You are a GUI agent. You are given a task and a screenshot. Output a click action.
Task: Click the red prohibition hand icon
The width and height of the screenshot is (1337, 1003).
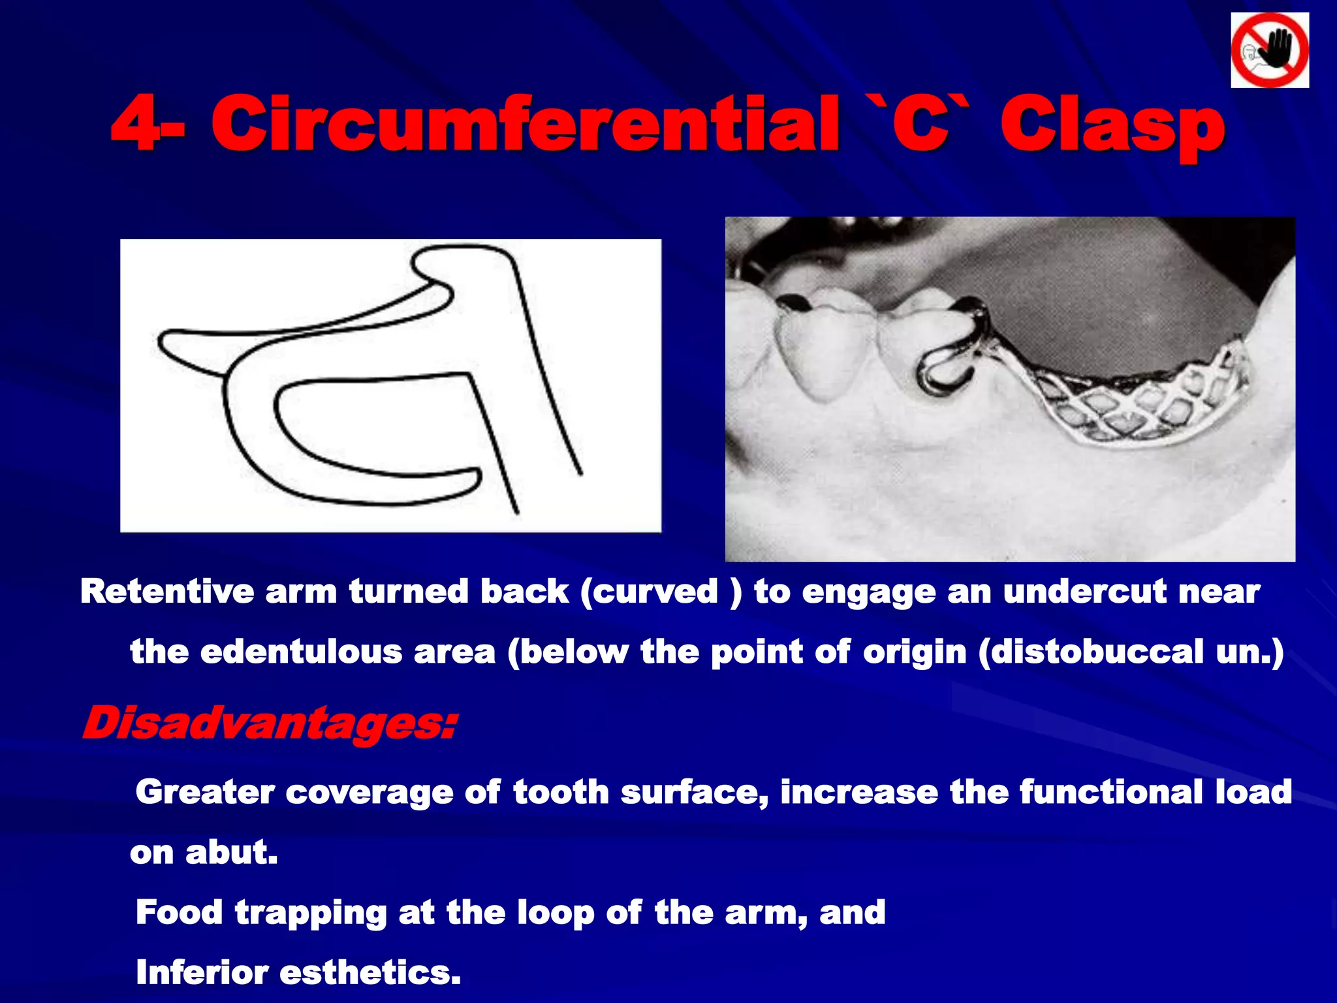[x=1270, y=50]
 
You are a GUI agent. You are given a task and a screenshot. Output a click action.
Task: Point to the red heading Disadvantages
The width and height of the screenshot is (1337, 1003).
[x=269, y=724]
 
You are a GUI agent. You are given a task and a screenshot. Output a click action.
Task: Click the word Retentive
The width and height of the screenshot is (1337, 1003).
[x=166, y=592]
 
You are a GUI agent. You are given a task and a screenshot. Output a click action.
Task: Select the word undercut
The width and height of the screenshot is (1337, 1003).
[x=1084, y=592]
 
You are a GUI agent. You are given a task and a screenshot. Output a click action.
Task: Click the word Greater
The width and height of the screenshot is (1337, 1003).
[x=204, y=792]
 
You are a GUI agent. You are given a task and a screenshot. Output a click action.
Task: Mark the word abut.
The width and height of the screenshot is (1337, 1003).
[x=232, y=852]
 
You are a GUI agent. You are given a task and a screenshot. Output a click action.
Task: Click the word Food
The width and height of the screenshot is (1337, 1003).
[x=179, y=912]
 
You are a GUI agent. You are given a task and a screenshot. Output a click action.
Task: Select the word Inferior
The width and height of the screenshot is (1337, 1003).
[x=202, y=972]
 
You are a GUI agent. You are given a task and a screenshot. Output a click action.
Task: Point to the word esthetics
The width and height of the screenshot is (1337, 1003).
[x=370, y=972]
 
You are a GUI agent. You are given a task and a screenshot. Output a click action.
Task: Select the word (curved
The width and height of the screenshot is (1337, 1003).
[x=649, y=592]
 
